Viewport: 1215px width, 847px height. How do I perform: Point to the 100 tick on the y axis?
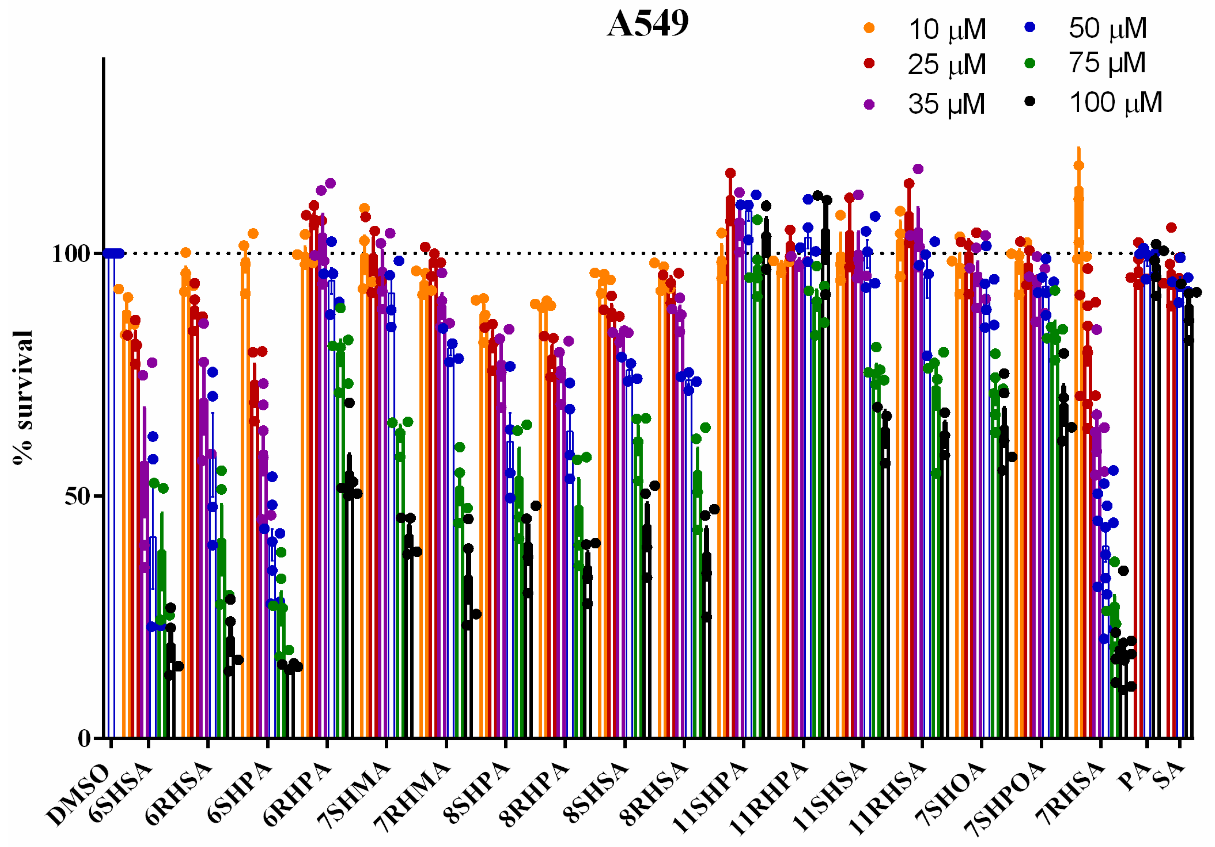coord(74,254)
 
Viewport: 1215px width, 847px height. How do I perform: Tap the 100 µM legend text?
coord(1115,102)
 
